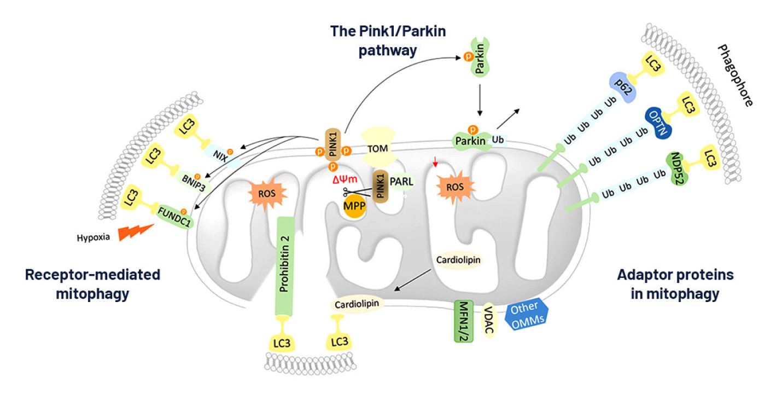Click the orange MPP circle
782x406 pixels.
pyautogui.click(x=354, y=206)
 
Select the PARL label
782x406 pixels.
pyautogui.click(x=401, y=181)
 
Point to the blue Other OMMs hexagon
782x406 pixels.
pyautogui.click(x=527, y=315)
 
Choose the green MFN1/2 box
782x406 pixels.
pyautogui.click(x=464, y=321)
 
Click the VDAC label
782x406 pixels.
pyautogui.click(x=489, y=320)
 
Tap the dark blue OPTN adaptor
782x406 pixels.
pyautogui.click(x=658, y=123)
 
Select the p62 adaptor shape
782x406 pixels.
pyautogui.click(x=622, y=88)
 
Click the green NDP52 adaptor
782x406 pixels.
pyautogui.click(x=677, y=169)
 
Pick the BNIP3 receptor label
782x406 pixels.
pyautogui.click(x=194, y=182)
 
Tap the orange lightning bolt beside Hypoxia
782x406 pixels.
pyautogui.click(x=136, y=232)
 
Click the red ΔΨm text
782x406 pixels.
pyautogui.click(x=345, y=179)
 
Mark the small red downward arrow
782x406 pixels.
pyautogui.click(x=435, y=162)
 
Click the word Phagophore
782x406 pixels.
pyautogui.click(x=735, y=75)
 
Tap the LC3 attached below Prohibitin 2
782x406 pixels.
pyautogui.click(x=282, y=343)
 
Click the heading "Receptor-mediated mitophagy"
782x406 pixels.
pyautogui.click(x=93, y=284)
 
